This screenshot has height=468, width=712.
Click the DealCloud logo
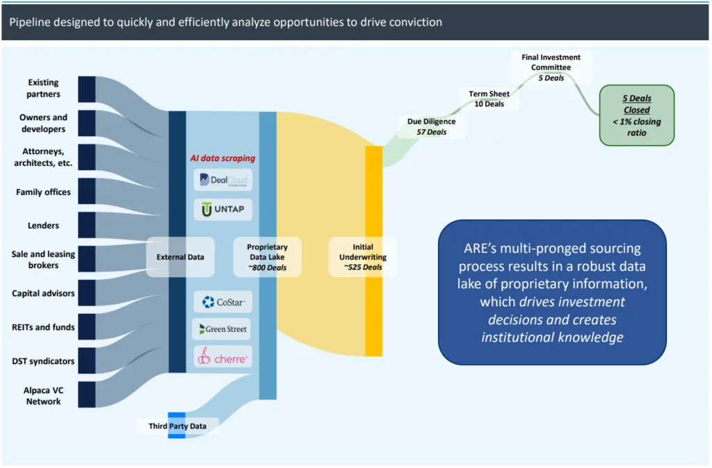(222, 181)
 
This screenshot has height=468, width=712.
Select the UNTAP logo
(222, 209)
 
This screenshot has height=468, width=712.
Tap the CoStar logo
(222, 302)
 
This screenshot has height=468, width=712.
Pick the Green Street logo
(222, 328)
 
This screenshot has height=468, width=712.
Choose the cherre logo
(222, 357)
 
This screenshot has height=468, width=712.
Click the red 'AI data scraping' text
(222, 158)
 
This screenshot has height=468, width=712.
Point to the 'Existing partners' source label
(43, 88)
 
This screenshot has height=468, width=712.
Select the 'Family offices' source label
(43, 192)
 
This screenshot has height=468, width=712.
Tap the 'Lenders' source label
(43, 226)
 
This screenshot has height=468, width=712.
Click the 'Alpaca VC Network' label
(43, 396)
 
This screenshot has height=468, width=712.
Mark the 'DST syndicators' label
(43, 361)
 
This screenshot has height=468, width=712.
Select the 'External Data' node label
(180, 257)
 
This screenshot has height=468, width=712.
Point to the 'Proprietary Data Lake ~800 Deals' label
(267, 257)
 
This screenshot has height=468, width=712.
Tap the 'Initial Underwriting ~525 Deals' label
(362, 257)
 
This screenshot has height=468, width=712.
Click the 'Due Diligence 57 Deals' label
(431, 126)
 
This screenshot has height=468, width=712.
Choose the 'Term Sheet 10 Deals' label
(489, 99)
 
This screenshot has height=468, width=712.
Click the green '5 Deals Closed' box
(636, 115)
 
